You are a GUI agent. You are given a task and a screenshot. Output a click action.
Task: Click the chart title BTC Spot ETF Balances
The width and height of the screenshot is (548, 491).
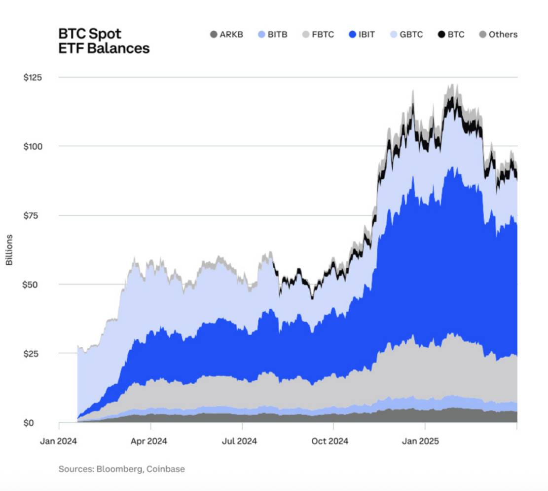click(x=104, y=41)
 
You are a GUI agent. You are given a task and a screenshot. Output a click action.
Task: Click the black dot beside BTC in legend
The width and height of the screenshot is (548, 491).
click(x=441, y=35)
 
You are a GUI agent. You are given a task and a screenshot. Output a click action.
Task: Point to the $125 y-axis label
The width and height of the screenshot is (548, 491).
click(x=33, y=78)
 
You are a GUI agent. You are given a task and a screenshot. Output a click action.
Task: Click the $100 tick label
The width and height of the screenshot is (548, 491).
click(x=33, y=146)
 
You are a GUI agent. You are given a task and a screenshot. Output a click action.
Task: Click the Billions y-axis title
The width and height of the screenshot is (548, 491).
click(x=9, y=249)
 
